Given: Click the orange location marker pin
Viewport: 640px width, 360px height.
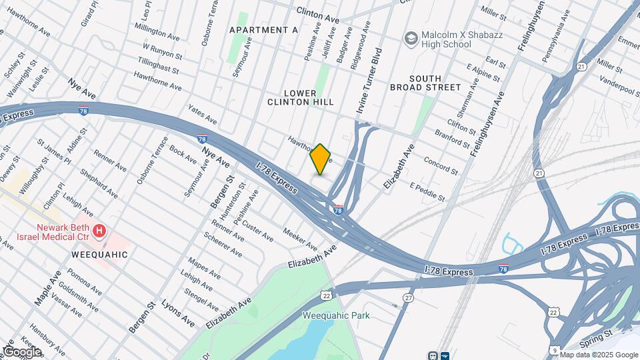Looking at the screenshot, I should pos(321,159).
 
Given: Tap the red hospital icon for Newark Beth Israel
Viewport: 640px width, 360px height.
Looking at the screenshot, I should pos(99,231).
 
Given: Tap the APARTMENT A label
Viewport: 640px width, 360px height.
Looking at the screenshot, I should pos(263,30).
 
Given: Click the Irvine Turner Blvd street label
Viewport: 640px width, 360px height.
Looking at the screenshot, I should pos(371,79).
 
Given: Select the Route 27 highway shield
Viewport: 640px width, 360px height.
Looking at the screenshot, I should pos(407,297).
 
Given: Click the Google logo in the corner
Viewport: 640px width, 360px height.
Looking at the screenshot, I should pos(22,351).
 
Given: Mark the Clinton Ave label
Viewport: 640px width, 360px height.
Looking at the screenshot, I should pos(318,15).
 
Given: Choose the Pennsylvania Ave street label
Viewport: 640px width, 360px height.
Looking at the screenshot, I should pos(555,27).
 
